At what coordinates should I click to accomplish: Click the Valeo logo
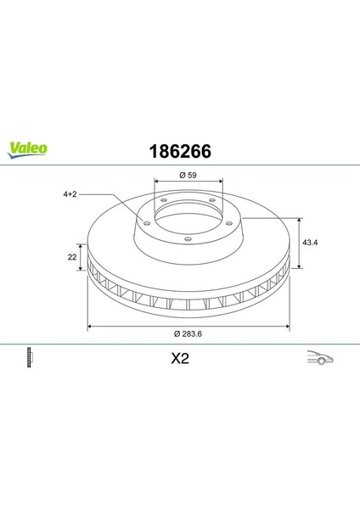[x=28, y=150]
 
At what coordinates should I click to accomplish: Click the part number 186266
[x=180, y=151]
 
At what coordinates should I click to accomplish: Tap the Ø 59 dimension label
[x=188, y=175]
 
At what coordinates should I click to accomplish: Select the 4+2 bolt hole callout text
[x=70, y=194]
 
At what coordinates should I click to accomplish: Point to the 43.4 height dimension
[x=310, y=242]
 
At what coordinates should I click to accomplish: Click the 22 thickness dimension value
[x=72, y=257]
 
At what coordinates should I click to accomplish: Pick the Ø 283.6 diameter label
[x=188, y=333]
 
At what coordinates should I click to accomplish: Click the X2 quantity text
[x=180, y=359]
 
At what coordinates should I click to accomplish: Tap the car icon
[x=320, y=357]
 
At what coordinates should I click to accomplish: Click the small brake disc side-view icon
[x=30, y=357]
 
